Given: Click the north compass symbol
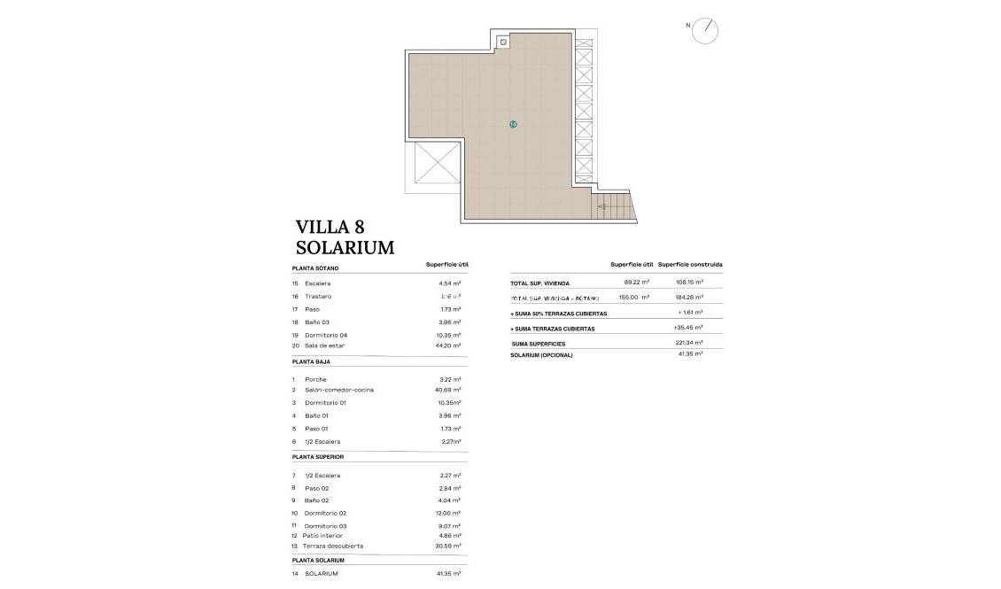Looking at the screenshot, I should [x=705, y=31].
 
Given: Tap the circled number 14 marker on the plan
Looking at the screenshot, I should [x=513, y=124].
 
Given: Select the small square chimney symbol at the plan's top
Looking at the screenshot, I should [x=503, y=41].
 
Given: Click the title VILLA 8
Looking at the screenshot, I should [x=330, y=227].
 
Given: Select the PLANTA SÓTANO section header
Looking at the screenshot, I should [x=315, y=267].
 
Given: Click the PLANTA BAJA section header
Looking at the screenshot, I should [x=311, y=362].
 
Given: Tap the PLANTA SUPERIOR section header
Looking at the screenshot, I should [x=317, y=457].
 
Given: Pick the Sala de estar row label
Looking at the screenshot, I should [x=324, y=345].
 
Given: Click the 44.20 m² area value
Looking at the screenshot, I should [x=450, y=345].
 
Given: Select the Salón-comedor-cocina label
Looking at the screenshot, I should [x=338, y=390].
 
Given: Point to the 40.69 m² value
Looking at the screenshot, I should [x=450, y=390].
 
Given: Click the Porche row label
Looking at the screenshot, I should [x=315, y=379].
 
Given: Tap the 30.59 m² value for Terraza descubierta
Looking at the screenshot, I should [x=450, y=546].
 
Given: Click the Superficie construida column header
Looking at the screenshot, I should [x=690, y=265].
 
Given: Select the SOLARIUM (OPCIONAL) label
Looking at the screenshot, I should [x=541, y=355].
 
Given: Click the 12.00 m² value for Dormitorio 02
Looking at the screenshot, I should [x=450, y=513].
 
